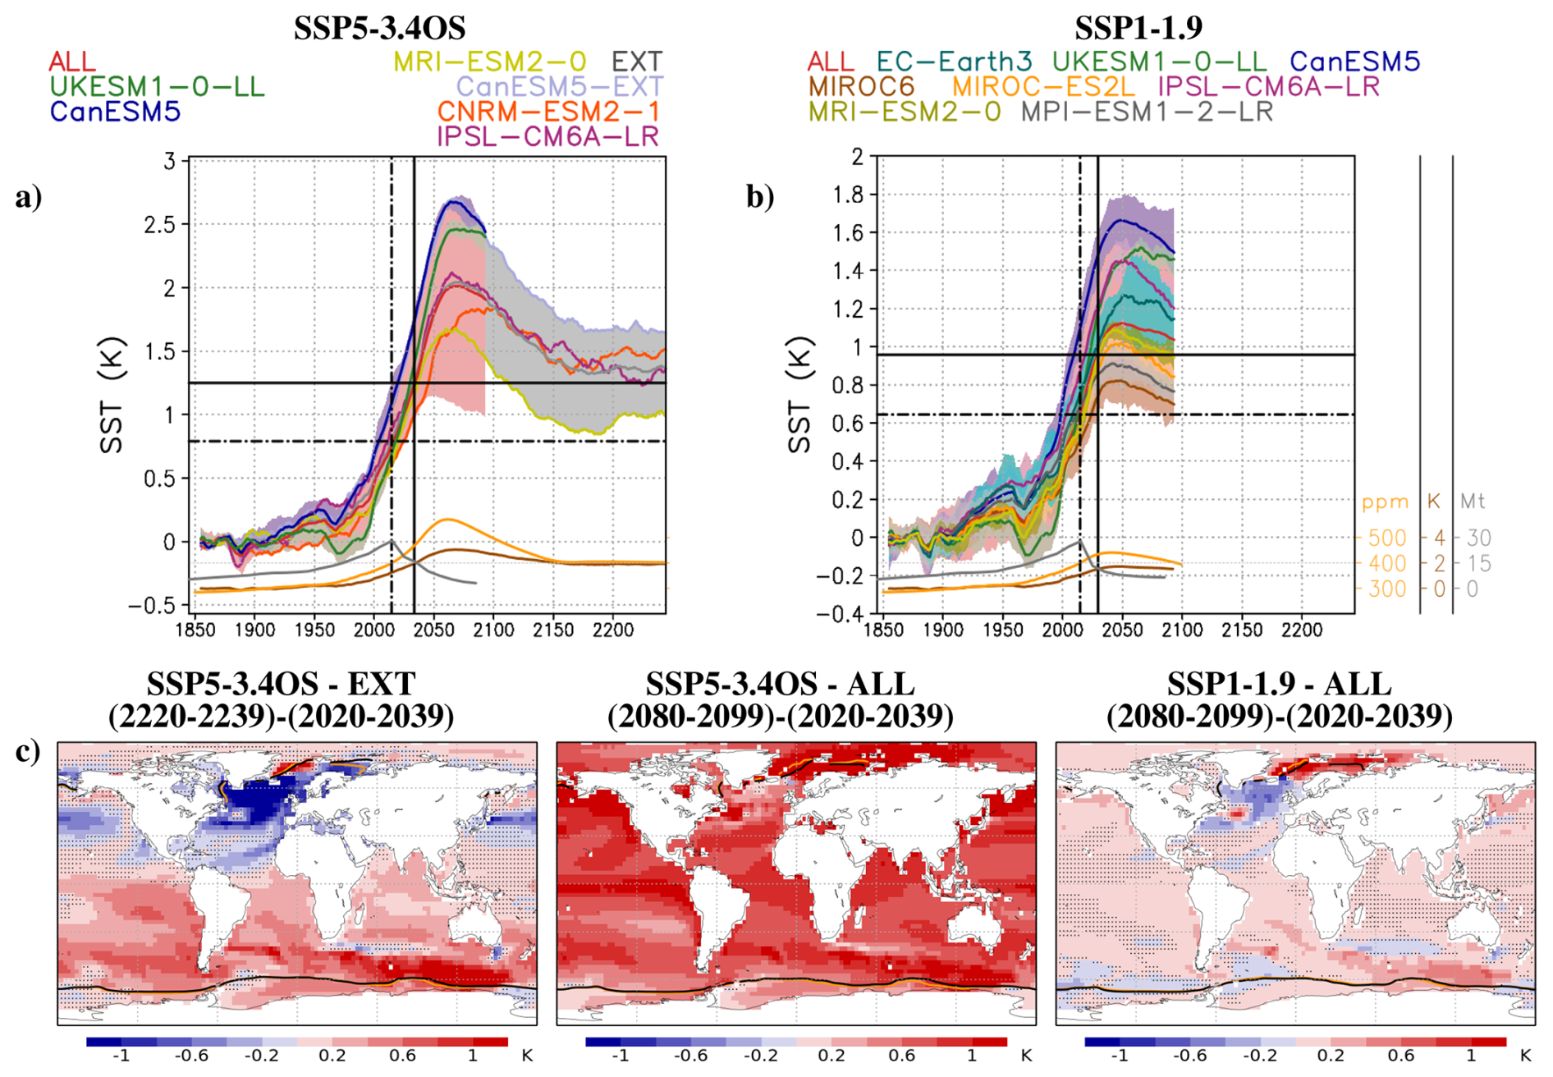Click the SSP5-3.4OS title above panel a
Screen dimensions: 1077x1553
(379, 28)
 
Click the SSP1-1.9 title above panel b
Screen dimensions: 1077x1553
(1138, 28)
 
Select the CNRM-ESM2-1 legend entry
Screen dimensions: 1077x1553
(547, 112)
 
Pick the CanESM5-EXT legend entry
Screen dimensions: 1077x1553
(559, 86)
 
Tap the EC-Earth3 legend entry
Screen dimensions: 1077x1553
(954, 62)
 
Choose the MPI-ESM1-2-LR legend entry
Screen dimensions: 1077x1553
(1147, 112)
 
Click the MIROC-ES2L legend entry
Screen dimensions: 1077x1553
(1042, 86)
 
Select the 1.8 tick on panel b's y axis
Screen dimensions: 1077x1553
(848, 195)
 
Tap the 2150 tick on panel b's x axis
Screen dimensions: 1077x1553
(1241, 630)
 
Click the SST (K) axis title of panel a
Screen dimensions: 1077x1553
(112, 395)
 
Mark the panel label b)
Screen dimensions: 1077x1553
(760, 197)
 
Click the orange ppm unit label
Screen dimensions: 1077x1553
(1385, 502)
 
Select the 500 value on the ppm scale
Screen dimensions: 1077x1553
(1386, 538)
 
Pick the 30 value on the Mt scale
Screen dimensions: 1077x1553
(1478, 538)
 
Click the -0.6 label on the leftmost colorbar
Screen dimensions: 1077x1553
(192, 1056)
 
